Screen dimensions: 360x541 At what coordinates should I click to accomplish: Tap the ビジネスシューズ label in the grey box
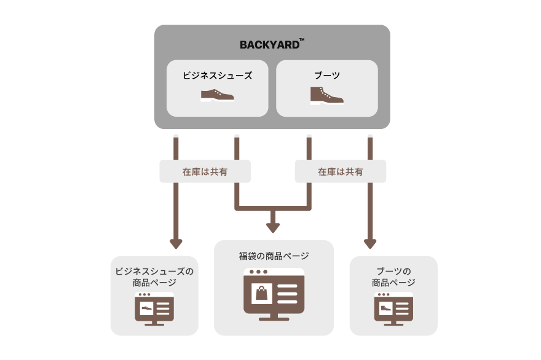pyautogui.click(x=217, y=76)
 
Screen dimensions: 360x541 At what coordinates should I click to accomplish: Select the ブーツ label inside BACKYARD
pyautogui.click(x=326, y=76)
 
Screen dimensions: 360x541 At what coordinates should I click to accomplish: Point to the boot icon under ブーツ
pyautogui.click(x=326, y=95)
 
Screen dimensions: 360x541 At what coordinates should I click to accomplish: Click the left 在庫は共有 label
pyautogui.click(x=205, y=172)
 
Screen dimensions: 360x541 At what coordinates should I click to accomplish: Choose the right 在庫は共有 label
pyautogui.click(x=340, y=172)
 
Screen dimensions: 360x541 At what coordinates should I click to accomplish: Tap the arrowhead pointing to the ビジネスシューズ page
pyautogui.click(x=176, y=243)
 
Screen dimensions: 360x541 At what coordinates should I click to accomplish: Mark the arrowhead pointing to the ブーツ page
pyautogui.click(x=370, y=243)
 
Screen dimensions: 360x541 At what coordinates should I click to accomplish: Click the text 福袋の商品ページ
pyautogui.click(x=274, y=256)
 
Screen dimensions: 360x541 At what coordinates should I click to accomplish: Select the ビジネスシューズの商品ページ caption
pyautogui.click(x=154, y=276)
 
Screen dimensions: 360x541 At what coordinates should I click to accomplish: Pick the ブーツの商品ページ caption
pyautogui.click(x=393, y=276)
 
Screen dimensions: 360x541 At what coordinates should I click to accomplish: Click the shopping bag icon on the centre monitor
pyautogui.click(x=262, y=293)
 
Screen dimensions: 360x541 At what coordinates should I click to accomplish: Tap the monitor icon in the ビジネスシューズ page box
pyautogui.click(x=154, y=308)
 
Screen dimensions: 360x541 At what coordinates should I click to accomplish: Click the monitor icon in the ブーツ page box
pyautogui.click(x=393, y=308)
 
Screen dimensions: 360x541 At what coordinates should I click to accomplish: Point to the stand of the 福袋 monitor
pyautogui.click(x=274, y=316)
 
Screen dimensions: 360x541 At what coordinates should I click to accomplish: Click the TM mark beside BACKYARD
pyautogui.click(x=301, y=41)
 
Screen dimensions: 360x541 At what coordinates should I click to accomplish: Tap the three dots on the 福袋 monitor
pyautogui.click(x=257, y=272)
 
